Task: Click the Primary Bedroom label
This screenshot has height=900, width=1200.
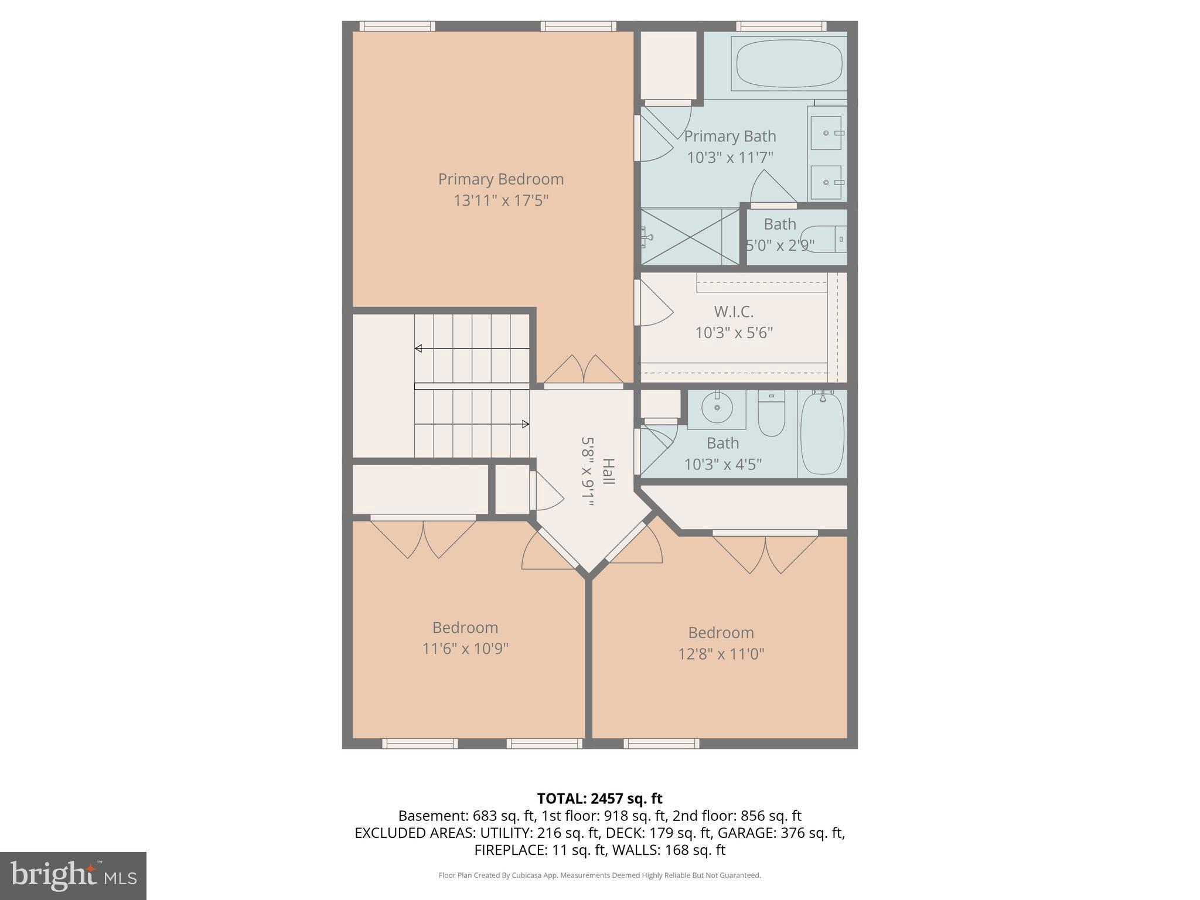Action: click(500, 179)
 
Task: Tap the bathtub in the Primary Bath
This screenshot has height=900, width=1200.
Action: click(789, 64)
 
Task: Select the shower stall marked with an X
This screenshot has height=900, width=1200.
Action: click(690, 237)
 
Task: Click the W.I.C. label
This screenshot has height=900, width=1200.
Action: click(734, 311)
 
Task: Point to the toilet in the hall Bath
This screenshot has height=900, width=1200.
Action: click(771, 414)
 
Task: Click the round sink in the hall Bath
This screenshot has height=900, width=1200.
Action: click(717, 407)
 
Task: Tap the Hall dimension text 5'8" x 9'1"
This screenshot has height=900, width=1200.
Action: click(588, 471)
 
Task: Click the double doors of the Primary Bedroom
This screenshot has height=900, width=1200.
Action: click(584, 370)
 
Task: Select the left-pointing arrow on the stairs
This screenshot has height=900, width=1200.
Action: click(418, 349)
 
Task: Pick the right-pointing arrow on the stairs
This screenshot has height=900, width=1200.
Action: click(526, 424)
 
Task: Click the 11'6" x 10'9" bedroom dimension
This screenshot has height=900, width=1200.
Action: click(465, 649)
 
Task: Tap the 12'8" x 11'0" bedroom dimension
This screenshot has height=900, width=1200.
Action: click(721, 654)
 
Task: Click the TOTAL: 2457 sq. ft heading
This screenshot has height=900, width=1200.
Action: click(599, 798)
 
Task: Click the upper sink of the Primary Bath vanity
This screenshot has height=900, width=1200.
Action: click(827, 133)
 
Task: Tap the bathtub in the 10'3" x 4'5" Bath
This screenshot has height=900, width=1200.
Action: click(822, 434)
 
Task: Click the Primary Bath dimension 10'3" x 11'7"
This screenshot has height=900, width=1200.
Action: click(729, 158)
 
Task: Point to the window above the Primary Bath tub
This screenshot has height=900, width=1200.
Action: click(781, 26)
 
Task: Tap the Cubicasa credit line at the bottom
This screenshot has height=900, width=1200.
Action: click(599, 875)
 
